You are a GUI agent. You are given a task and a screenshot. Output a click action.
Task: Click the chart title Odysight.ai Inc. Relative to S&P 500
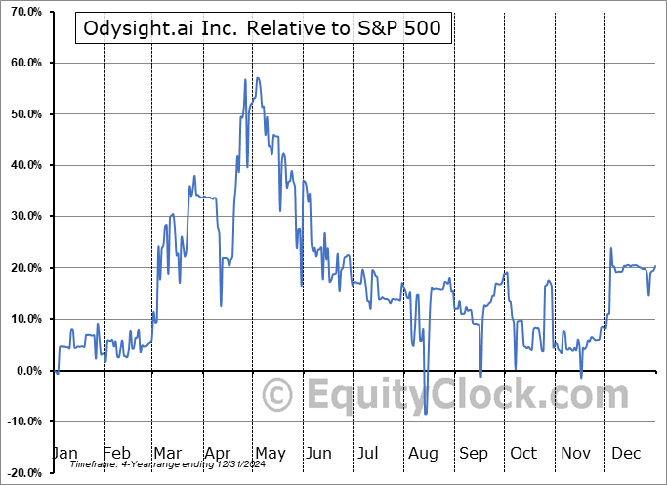tap(264, 29)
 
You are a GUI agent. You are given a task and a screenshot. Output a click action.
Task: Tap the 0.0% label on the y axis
tap(26, 371)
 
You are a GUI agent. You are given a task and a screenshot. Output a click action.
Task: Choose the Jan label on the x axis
tap(64, 453)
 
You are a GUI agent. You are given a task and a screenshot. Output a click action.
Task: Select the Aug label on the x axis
tap(424, 453)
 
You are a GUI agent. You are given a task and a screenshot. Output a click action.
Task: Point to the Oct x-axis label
tap(524, 453)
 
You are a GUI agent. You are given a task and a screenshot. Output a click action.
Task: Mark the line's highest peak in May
tap(245, 78)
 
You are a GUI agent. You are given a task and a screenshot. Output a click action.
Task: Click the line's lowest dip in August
tap(425, 414)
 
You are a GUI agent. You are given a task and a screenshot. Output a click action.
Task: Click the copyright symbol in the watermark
tap(278, 396)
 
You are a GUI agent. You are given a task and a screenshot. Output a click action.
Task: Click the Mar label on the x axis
tap(167, 453)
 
